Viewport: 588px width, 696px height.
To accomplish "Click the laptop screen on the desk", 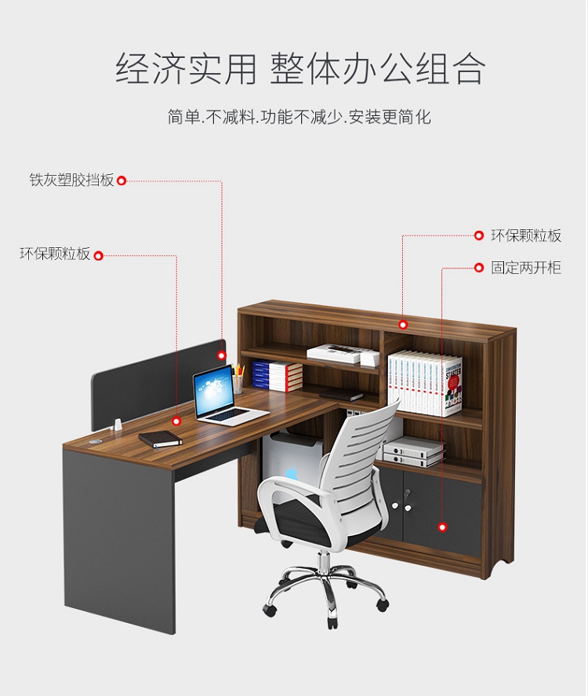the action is pyautogui.click(x=213, y=391).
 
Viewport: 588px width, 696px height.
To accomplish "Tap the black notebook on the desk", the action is pyautogui.click(x=161, y=439).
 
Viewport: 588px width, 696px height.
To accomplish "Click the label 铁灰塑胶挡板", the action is pyautogui.click(x=71, y=180).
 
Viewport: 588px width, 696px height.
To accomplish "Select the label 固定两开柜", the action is pyautogui.click(x=526, y=268).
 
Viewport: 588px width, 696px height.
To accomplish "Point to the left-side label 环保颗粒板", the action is pyautogui.click(x=55, y=254).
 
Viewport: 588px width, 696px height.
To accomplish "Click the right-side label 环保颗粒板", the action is pyautogui.click(x=526, y=235).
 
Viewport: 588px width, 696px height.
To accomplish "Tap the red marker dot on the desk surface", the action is pyautogui.click(x=176, y=421).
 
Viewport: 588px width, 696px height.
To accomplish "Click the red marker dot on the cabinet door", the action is pyautogui.click(x=442, y=527).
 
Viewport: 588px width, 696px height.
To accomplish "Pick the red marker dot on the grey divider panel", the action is pyautogui.click(x=222, y=355).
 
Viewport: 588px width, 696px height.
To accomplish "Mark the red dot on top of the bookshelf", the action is pyautogui.click(x=403, y=325).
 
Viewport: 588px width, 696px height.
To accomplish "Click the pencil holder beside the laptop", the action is pyautogui.click(x=238, y=383).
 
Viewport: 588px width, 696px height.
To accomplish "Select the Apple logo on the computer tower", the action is pyautogui.click(x=292, y=472).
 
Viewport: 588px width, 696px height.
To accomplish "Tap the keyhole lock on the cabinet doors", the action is pyautogui.click(x=406, y=492).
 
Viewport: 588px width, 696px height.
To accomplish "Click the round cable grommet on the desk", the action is pyautogui.click(x=95, y=442).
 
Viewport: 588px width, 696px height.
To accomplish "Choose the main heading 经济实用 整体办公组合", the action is pyautogui.click(x=300, y=68).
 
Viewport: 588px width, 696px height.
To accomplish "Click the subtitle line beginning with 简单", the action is pyautogui.click(x=299, y=117).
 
